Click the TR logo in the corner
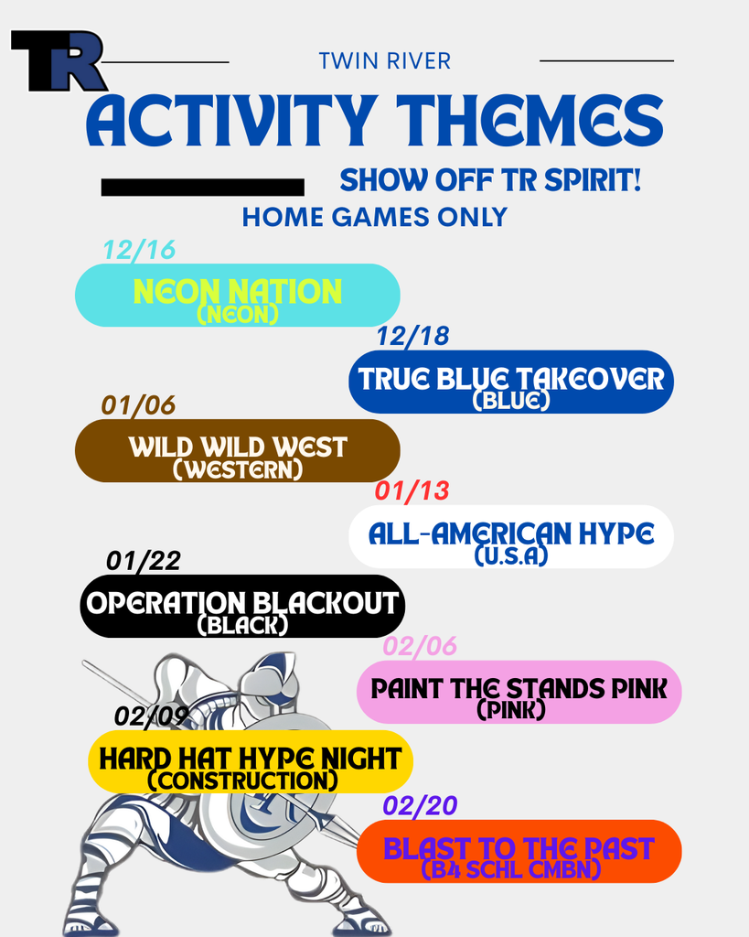pyautogui.click(x=57, y=61)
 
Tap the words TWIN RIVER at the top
pyautogui.click(x=384, y=61)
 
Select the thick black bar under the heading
pyautogui.click(x=202, y=188)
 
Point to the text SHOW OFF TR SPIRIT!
pyautogui.click(x=490, y=180)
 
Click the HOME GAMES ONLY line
pyautogui.click(x=374, y=217)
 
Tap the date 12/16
pyautogui.click(x=139, y=250)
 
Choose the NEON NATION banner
pyautogui.click(x=237, y=295)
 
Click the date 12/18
pyautogui.click(x=412, y=336)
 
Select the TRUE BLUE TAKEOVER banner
pyautogui.click(x=511, y=381)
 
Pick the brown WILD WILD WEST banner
pyautogui.click(x=237, y=450)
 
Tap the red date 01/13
pyautogui.click(x=412, y=491)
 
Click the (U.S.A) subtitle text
pyautogui.click(x=511, y=555)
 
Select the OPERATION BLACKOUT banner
pyautogui.click(x=242, y=606)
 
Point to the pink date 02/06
pyautogui.click(x=420, y=647)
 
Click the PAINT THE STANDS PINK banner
pyautogui.click(x=519, y=692)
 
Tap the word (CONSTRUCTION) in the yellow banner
pyautogui.click(x=242, y=781)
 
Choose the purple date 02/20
pyautogui.click(x=420, y=806)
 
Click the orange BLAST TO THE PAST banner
pyautogui.click(x=519, y=851)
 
